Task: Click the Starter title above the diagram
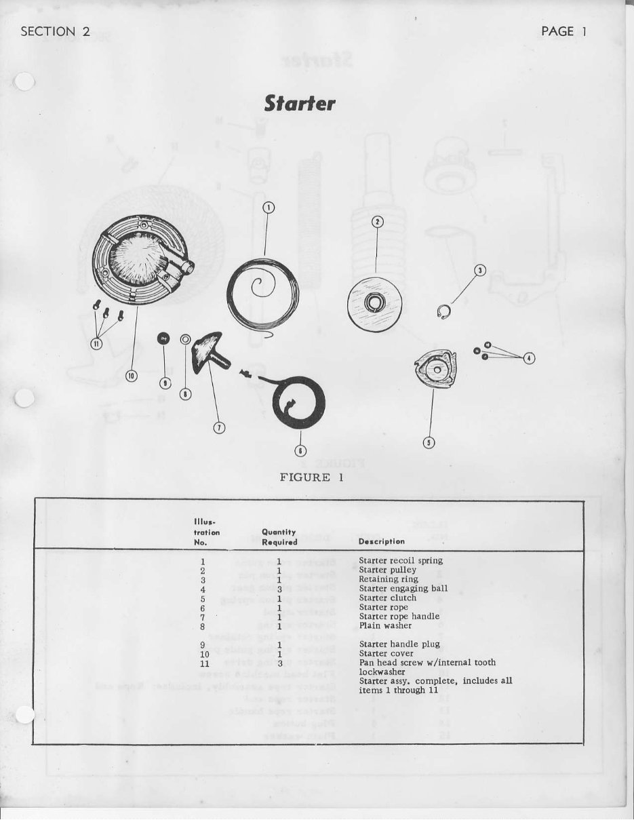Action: [300, 104]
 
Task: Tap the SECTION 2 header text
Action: [57, 32]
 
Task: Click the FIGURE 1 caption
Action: [312, 477]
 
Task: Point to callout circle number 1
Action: [269, 209]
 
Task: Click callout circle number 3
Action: [480, 271]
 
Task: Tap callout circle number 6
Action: [300, 450]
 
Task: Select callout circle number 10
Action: [132, 375]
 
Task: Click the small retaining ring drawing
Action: [443, 312]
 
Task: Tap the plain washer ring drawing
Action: [185, 338]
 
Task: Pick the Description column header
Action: [381, 541]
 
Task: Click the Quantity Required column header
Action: [279, 537]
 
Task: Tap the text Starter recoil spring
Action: [401, 561]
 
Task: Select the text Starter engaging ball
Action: [403, 589]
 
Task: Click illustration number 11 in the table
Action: [204, 663]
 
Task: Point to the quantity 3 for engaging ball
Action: [279, 589]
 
